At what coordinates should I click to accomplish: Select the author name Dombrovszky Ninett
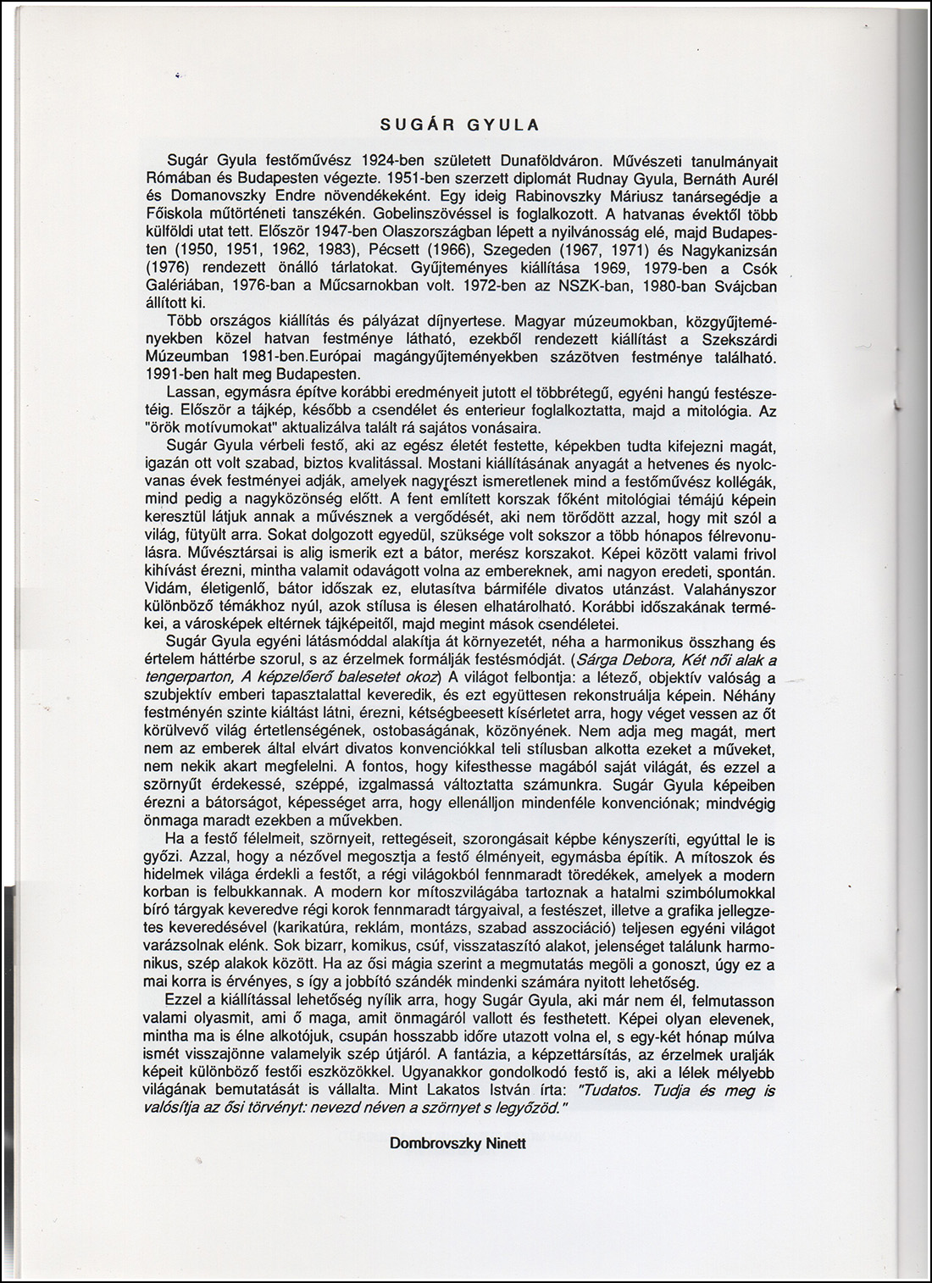(458, 1143)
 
